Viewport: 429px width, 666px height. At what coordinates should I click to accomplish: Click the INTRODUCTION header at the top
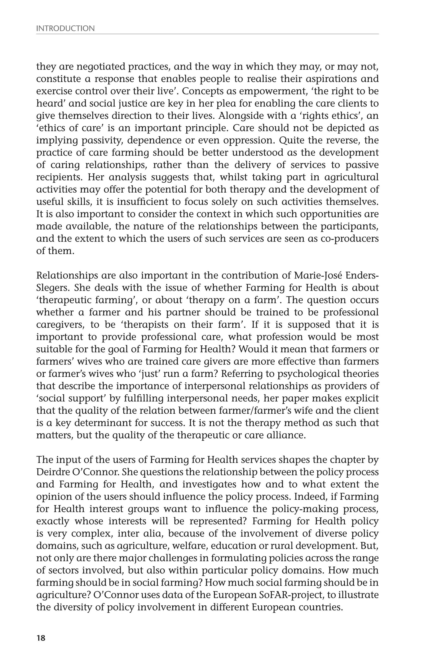66,29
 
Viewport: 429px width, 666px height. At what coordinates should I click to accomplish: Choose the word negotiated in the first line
101,67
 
